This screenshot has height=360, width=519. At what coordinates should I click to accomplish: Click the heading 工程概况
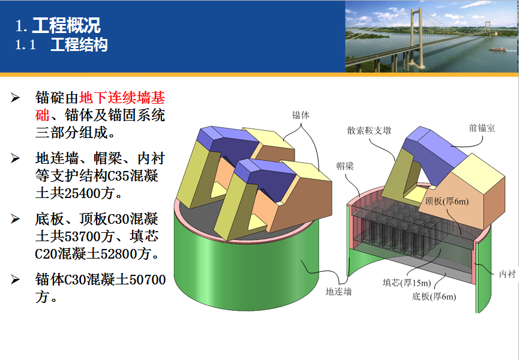coord(66,25)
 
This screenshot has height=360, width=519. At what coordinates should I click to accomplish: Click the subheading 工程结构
coord(79,44)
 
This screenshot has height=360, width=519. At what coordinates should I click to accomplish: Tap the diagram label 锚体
coord(301,115)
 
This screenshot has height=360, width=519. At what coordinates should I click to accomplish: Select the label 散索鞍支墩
coord(369,130)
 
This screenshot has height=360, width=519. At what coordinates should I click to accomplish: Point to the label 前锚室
coord(482,128)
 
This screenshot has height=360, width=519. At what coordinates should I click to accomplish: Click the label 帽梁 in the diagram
coord(345,166)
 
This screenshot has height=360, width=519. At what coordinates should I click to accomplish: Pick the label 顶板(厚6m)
coord(447,201)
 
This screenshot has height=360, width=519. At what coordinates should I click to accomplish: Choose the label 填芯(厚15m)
coord(407,283)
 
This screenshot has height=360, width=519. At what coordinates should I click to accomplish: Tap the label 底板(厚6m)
coord(434,296)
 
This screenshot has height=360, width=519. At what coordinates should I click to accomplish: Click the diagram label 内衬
coord(508,274)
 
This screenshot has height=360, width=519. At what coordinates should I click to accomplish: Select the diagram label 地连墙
coord(338,291)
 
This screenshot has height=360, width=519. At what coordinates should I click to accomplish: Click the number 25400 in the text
coord(82,193)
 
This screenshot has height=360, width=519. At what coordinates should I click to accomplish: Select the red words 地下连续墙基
coord(122,98)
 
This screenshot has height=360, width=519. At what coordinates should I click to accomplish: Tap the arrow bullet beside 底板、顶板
coord(15,219)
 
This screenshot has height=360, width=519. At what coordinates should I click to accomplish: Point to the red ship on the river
coord(498,49)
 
